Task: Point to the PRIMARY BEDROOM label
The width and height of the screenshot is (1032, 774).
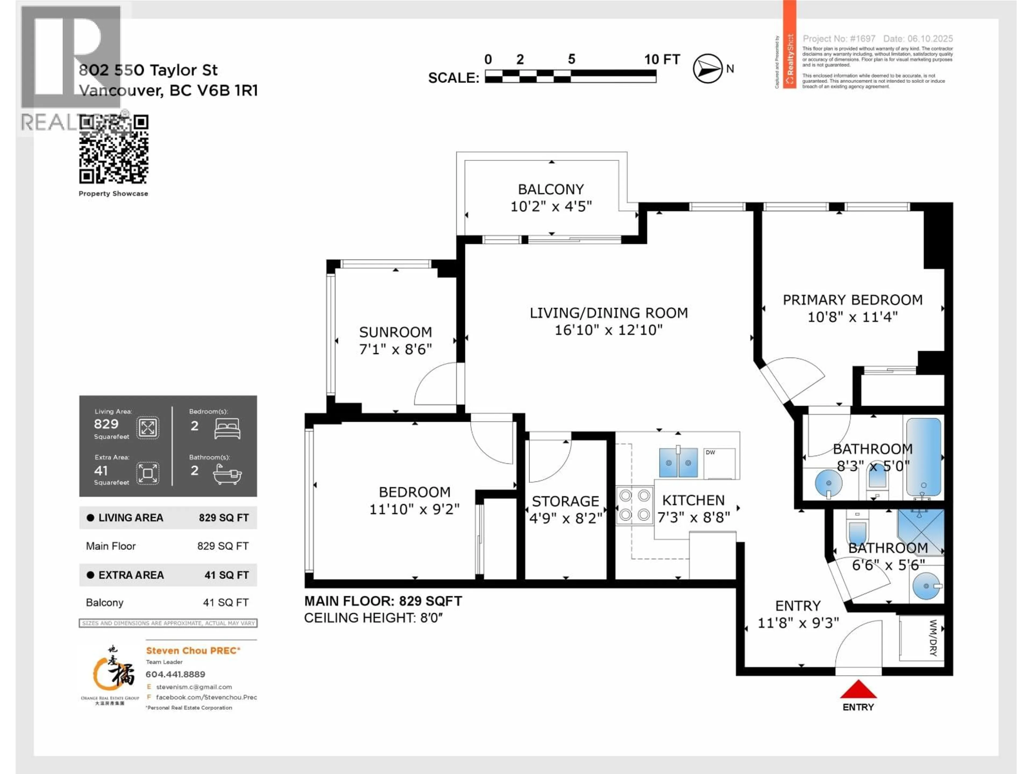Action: [x=852, y=300]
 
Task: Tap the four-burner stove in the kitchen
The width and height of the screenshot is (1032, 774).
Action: [x=635, y=505]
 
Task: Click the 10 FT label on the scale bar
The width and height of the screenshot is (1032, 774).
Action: [x=662, y=59]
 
